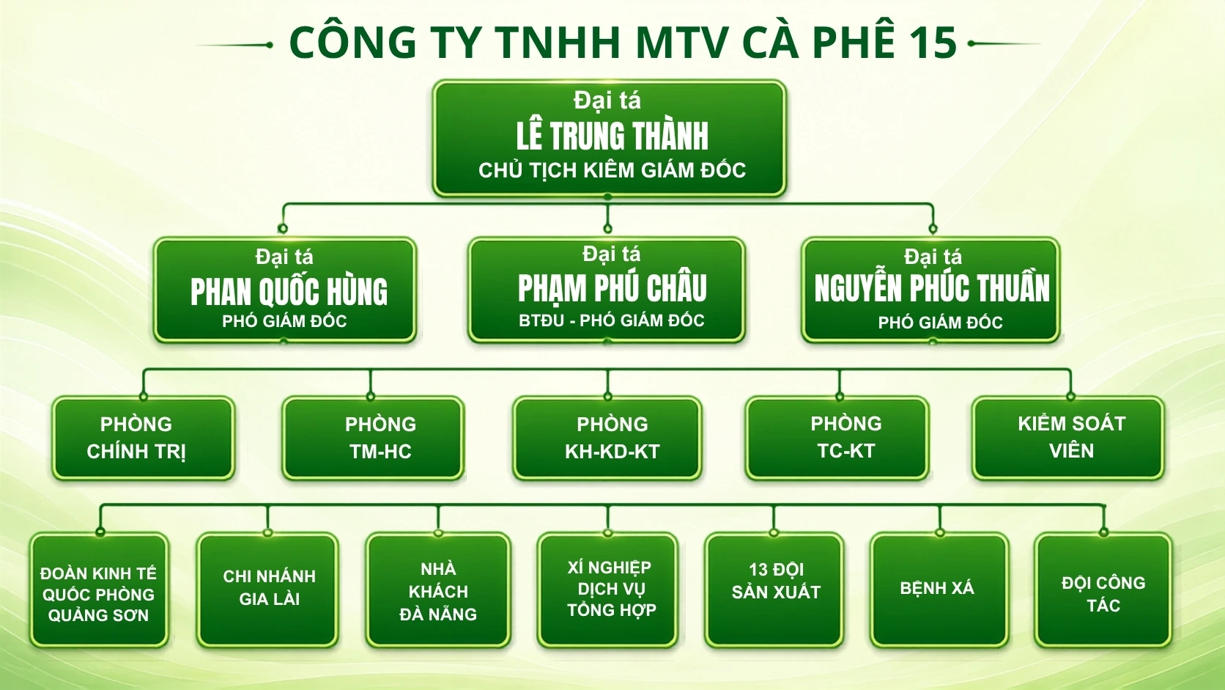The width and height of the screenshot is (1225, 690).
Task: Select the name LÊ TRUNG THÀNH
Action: click(x=612, y=136)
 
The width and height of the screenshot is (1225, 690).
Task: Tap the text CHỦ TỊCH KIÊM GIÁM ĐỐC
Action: click(x=612, y=170)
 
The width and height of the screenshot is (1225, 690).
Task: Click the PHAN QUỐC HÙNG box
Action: click(x=285, y=290)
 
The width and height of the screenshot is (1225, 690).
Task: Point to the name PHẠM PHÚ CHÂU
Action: click(x=612, y=288)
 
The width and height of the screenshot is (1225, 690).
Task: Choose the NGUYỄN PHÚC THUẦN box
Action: click(x=930, y=290)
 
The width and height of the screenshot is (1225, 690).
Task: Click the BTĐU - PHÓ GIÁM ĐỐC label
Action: click(x=612, y=320)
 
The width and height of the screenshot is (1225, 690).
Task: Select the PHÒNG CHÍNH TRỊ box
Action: click(x=144, y=438)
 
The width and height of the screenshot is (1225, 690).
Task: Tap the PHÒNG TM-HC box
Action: click(x=374, y=438)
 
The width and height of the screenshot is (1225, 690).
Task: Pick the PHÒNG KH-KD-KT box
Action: click(x=607, y=438)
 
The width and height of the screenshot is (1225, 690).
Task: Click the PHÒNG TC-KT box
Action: click(x=837, y=438)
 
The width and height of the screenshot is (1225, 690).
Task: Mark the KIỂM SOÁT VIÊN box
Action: click(x=1068, y=438)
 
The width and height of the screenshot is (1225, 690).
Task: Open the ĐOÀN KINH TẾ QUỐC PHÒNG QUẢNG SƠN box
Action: click(x=99, y=590)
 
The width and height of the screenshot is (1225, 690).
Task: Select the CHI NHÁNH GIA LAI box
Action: click(x=268, y=590)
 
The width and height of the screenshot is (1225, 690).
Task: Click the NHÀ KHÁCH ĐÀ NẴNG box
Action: click(x=438, y=590)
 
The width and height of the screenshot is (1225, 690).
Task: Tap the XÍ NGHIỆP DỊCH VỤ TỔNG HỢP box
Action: click(x=607, y=590)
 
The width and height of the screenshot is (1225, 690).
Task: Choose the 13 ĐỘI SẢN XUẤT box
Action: click(x=774, y=590)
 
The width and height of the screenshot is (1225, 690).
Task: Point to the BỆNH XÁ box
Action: click(x=939, y=590)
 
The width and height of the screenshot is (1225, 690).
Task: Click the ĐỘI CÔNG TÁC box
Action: click(x=1103, y=590)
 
